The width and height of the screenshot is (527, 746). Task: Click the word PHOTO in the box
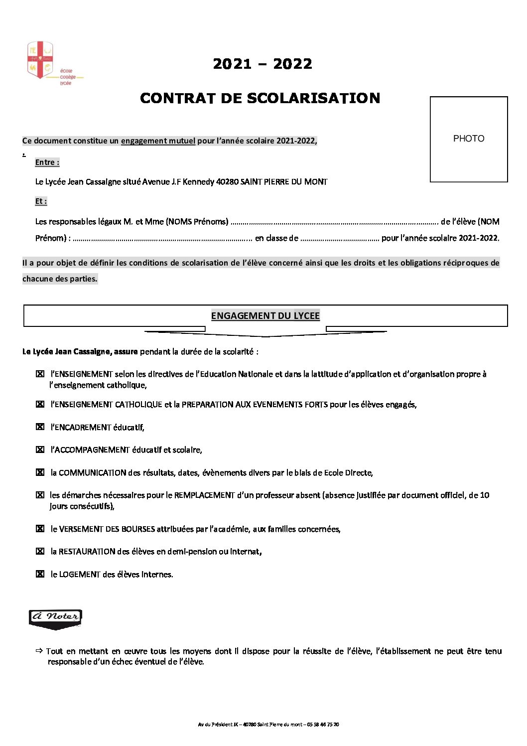click(x=468, y=139)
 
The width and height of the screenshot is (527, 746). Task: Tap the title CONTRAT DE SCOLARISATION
click(x=260, y=98)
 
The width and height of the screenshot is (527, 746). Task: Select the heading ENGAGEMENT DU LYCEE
click(x=265, y=315)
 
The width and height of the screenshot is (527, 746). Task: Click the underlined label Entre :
click(x=47, y=162)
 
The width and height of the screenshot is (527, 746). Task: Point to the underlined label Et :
click(x=41, y=201)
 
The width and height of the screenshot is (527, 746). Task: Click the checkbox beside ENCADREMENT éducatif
click(x=40, y=427)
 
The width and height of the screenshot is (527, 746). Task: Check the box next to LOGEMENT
click(x=40, y=574)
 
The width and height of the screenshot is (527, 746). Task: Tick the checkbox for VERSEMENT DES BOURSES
click(x=40, y=529)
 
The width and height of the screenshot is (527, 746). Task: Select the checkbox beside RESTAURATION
click(x=40, y=551)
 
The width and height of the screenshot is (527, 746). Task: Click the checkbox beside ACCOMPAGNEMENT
click(x=40, y=449)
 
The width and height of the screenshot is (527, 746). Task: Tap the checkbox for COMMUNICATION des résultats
click(x=40, y=472)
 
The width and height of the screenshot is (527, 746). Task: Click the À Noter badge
click(x=55, y=618)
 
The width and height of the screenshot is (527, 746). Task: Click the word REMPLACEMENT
click(x=204, y=495)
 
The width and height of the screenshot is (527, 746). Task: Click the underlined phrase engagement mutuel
click(x=158, y=141)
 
